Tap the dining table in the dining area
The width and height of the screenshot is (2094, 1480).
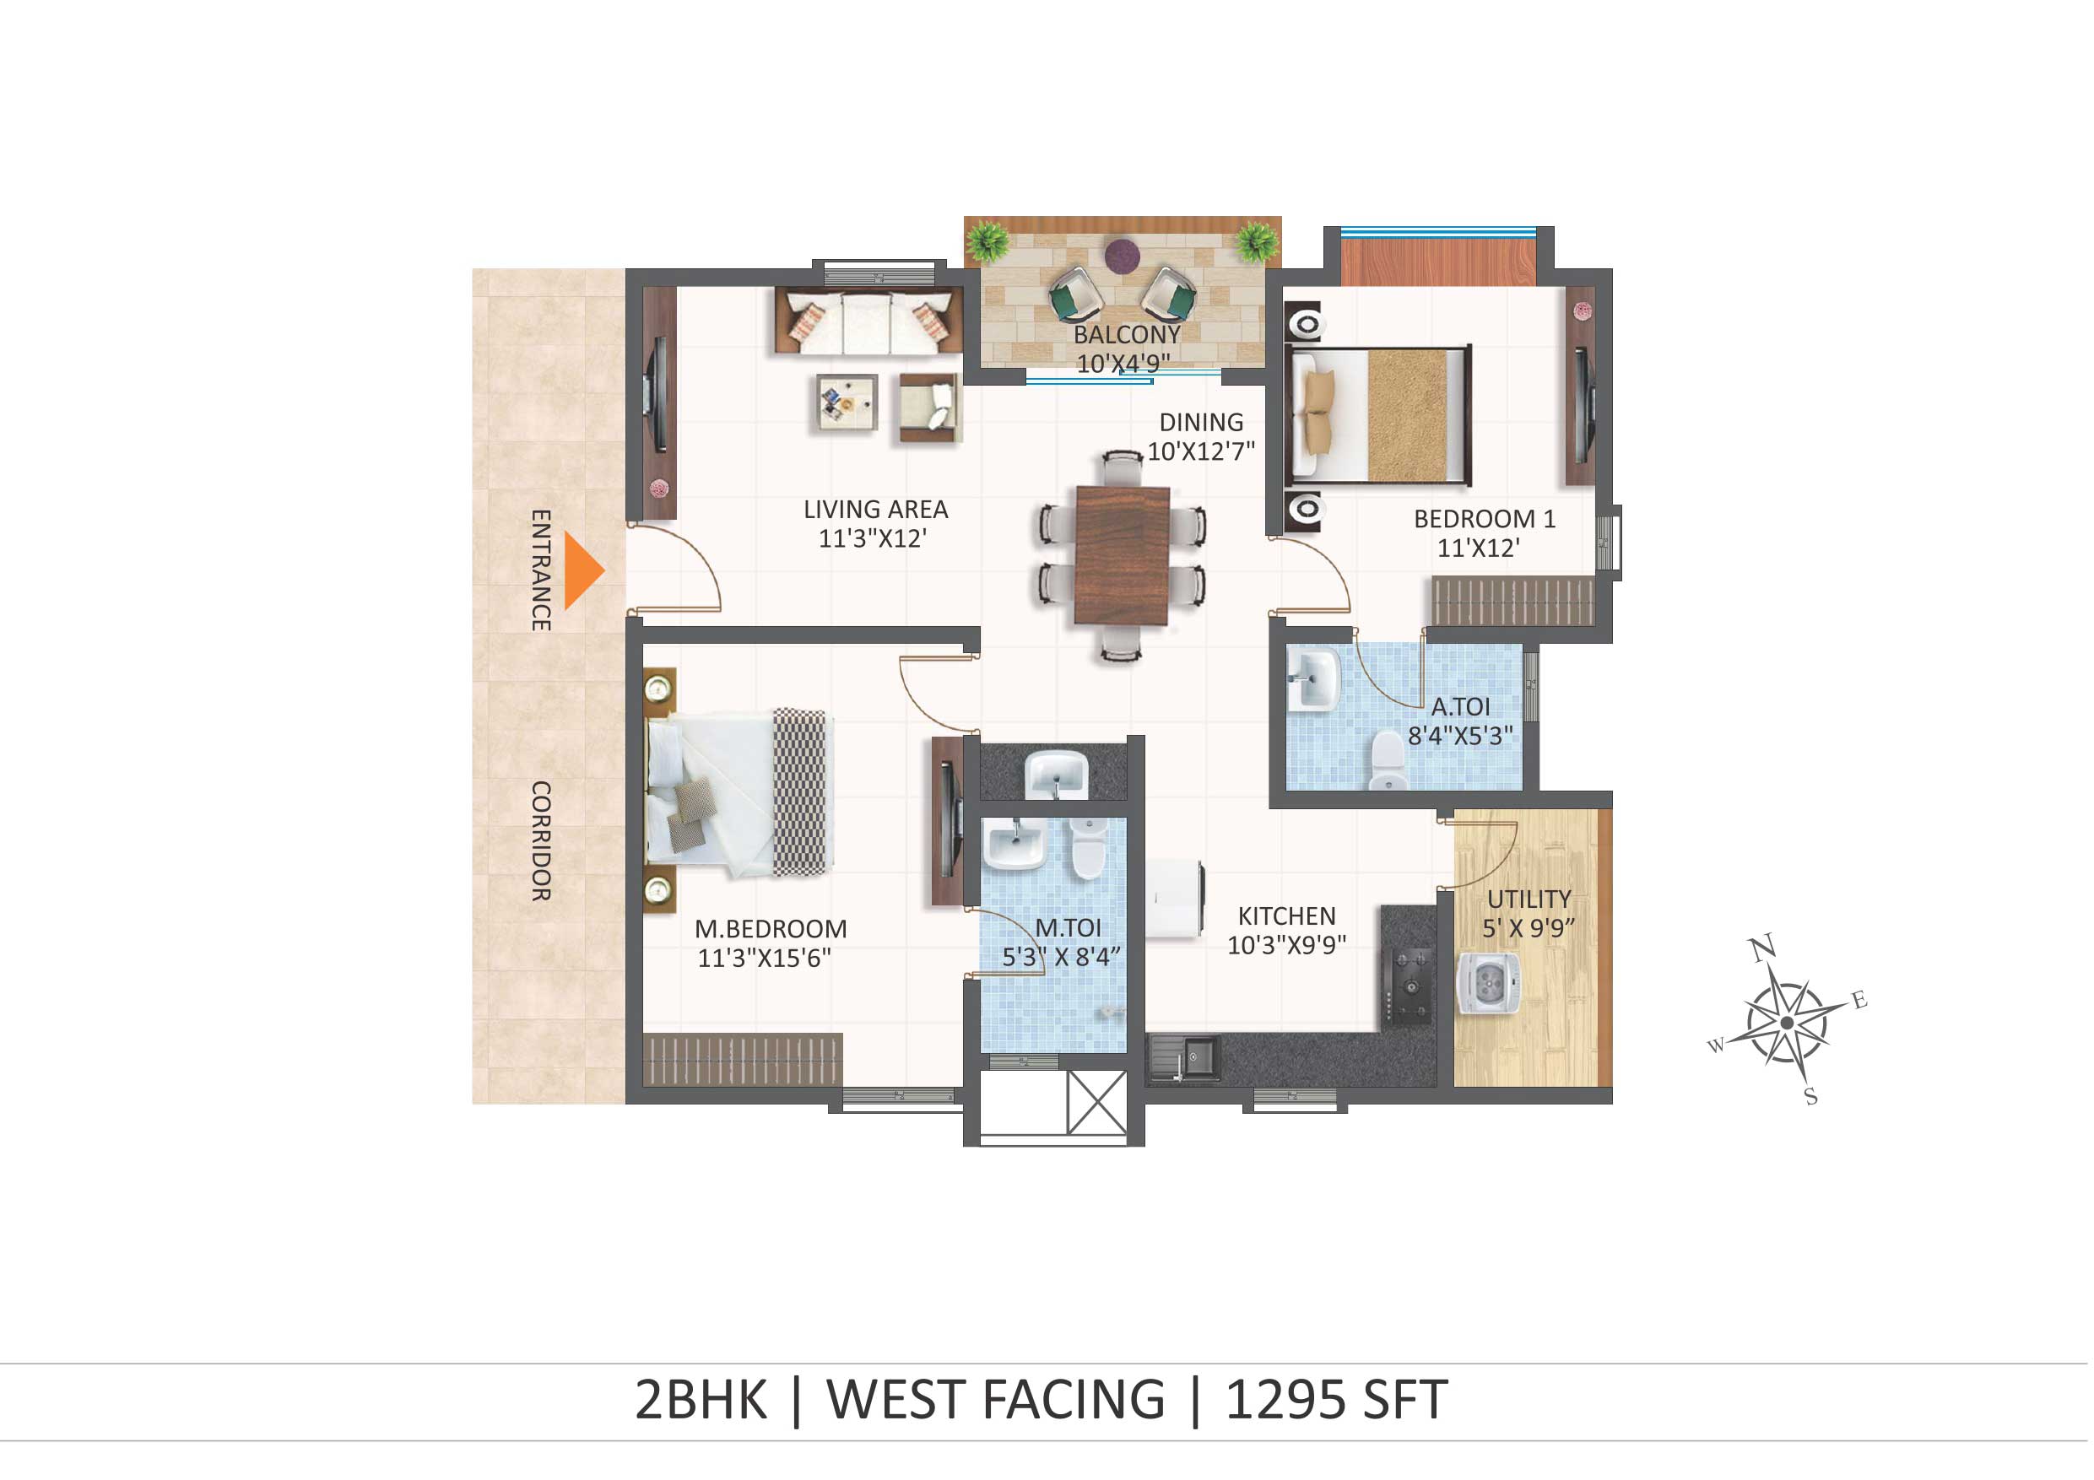point(1123,555)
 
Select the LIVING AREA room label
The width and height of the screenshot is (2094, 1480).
point(876,510)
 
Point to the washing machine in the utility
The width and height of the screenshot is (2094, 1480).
point(1488,984)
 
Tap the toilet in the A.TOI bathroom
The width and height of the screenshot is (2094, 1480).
point(1388,759)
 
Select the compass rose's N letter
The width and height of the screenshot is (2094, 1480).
point(1763,948)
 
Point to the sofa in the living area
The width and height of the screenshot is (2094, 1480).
point(868,320)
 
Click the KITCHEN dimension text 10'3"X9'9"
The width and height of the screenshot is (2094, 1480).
point(1287,946)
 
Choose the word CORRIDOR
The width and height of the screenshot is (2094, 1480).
point(541,840)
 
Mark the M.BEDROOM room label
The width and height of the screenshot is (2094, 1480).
point(771,929)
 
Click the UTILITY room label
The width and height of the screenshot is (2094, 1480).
point(1529,899)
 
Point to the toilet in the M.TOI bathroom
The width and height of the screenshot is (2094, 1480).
point(1088,847)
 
